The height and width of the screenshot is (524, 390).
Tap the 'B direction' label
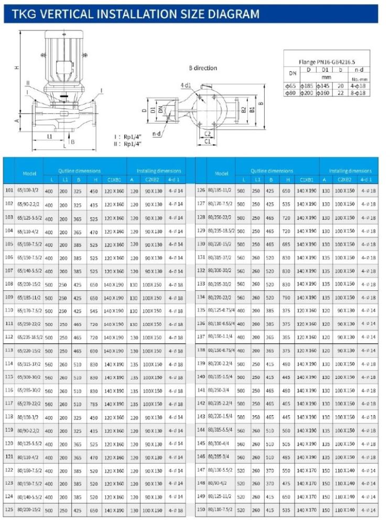[203, 68]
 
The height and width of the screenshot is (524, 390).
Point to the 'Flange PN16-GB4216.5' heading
[327, 61]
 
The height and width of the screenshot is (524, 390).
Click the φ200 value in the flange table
[307, 93]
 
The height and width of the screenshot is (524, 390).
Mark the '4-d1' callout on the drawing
[186, 84]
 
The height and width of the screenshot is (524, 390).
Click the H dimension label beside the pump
[17, 68]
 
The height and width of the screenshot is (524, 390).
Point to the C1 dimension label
[208, 141]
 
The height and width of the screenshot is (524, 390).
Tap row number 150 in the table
[200, 509]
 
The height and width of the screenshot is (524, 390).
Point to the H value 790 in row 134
[286, 297]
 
